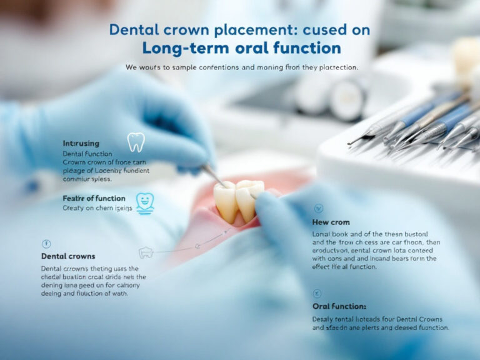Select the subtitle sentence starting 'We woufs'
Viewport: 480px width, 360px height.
tap(241, 67)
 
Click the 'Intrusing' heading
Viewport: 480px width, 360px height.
tap(81, 143)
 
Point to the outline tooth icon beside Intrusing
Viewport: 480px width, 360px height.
tap(136, 142)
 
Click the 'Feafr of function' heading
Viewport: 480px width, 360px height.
tap(94, 198)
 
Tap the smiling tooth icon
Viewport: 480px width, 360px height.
tap(145, 201)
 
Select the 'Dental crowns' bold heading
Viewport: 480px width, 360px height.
tap(68, 256)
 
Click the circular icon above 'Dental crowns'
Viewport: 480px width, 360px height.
tap(46, 243)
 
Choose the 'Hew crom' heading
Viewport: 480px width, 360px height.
tap(331, 222)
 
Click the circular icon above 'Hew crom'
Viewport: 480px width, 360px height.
tap(318, 208)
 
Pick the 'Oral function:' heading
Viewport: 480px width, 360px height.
tap(339, 306)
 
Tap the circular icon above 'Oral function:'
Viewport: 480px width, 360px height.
tap(318, 292)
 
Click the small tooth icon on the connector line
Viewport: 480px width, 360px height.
tap(146, 252)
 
